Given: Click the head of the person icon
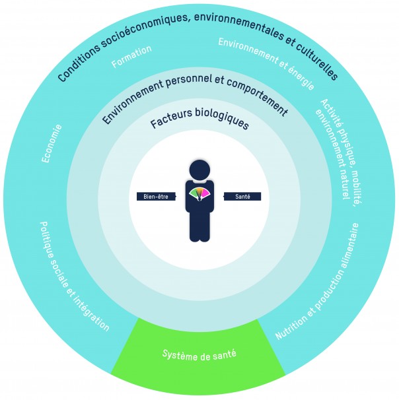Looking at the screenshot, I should (x=199, y=170).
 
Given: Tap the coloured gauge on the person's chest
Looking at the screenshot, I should (x=199, y=194).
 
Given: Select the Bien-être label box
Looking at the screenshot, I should (x=154, y=196).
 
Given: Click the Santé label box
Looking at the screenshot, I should (x=242, y=196).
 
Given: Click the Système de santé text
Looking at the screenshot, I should (x=199, y=355).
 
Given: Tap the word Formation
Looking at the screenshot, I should (x=131, y=56).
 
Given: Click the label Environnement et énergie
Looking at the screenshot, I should (x=266, y=64).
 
